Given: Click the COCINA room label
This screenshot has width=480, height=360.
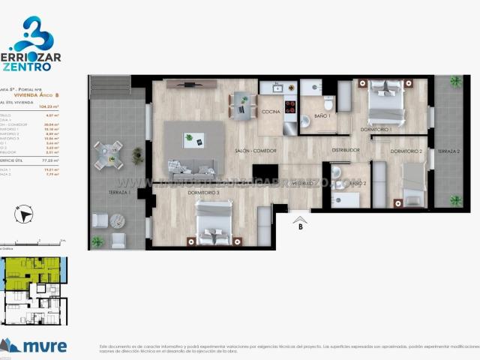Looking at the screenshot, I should (x=271, y=112).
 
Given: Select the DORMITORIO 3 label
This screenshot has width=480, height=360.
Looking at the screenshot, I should (x=203, y=193).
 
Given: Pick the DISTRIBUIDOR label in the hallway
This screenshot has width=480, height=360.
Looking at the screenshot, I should (x=346, y=150).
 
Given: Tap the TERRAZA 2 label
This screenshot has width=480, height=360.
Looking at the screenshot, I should (x=448, y=151).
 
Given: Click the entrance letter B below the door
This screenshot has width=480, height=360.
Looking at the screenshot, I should (x=300, y=225).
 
